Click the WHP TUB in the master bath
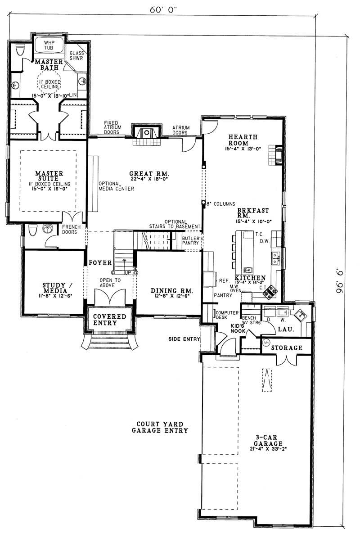pyautogui.click(x=49, y=45)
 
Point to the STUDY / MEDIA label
pyautogui.click(x=54, y=288)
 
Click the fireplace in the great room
pyautogui.click(x=147, y=133)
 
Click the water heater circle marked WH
pyautogui.click(x=265, y=342)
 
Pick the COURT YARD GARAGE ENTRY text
pyautogui.click(x=160, y=427)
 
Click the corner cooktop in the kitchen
pyautogui.click(x=270, y=292)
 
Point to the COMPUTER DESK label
pyautogui.click(x=224, y=315)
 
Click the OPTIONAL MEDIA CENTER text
pyautogui.click(x=116, y=186)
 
